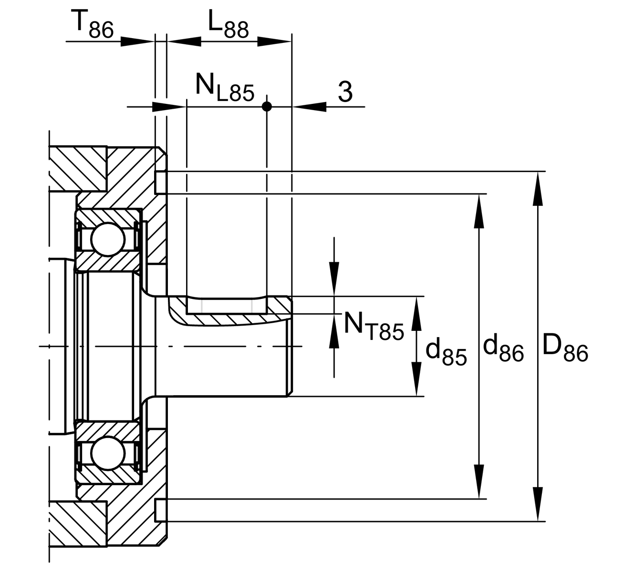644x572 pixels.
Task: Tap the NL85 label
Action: pyautogui.click(x=224, y=88)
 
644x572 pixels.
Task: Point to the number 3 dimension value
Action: pyautogui.click(x=345, y=92)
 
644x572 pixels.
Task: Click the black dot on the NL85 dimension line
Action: pyautogui.click(x=267, y=106)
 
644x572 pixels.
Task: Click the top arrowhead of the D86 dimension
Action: pyautogui.click(x=538, y=188)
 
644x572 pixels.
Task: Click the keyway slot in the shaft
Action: pyautogui.click(x=227, y=306)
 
